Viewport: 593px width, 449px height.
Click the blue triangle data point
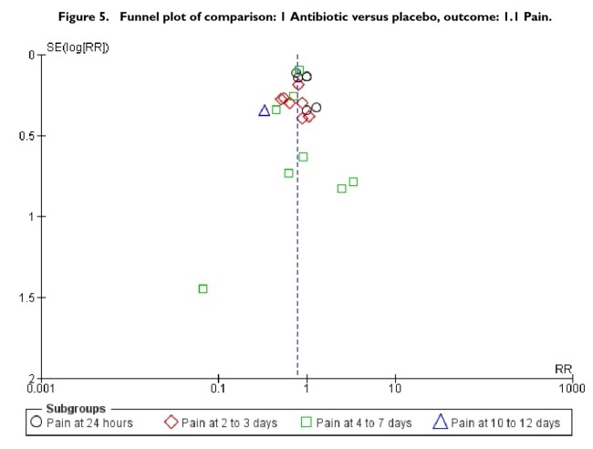coord(265,110)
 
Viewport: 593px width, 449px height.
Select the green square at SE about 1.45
coord(203,288)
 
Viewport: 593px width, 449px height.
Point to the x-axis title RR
coord(563,369)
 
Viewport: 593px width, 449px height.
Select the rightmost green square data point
coord(353,182)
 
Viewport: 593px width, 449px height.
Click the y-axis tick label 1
coord(30,217)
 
